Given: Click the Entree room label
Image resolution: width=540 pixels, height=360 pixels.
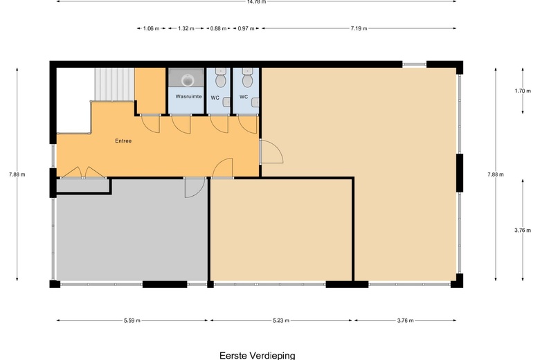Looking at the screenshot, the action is coord(123,141).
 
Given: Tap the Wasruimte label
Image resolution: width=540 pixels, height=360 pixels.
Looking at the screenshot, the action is coord(188,96).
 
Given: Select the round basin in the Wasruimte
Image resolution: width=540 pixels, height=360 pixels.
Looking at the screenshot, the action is coord(188,80).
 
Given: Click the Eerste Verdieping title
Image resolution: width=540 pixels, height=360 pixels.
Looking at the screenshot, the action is coord(258,355).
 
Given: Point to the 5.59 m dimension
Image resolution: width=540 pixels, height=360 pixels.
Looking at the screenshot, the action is coord(132,321).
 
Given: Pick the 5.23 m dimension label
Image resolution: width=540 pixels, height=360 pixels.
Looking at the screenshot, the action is coord(281,321).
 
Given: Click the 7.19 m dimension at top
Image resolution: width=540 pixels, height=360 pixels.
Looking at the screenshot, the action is coord(359,28).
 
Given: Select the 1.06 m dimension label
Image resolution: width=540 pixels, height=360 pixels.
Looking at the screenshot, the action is coord(151,28).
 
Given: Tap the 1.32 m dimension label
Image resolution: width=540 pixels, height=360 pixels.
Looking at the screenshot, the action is coord(186,28).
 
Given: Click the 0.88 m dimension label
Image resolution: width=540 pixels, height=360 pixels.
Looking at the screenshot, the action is coord(218,28).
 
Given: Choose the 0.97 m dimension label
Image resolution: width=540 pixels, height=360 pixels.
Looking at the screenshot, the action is coord(246,28).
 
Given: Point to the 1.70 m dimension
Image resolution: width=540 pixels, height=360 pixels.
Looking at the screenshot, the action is coord(523,91).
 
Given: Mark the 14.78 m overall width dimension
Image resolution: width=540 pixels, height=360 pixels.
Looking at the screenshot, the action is coord(257,1).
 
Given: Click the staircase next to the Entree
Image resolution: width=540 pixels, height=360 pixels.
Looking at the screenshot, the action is coord(114,84).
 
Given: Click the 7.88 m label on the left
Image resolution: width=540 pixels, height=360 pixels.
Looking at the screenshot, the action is coord(17,174).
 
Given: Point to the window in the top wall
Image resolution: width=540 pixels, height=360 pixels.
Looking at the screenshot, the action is coord(414,64).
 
